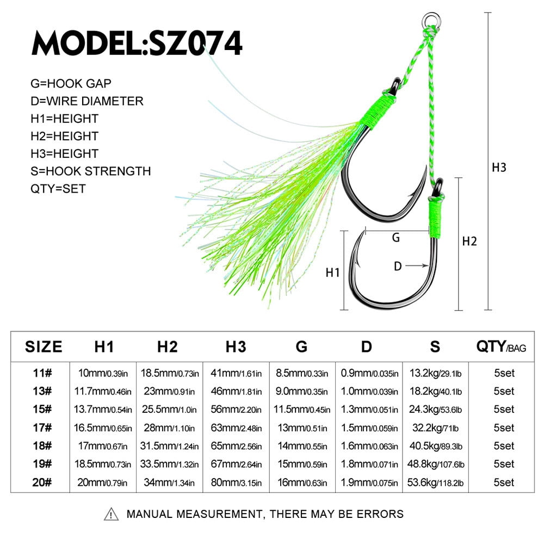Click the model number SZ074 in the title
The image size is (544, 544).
(195, 43)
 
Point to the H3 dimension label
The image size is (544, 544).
(499, 167)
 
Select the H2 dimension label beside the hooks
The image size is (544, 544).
(469, 241)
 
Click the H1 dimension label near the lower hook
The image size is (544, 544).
(333, 273)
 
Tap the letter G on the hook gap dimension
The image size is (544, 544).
(395, 238)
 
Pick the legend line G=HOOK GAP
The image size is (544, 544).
(71, 84)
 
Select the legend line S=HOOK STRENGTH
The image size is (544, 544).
(90, 171)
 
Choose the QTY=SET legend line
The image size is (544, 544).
(58, 189)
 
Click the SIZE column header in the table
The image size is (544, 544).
(44, 347)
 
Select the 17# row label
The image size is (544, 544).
(42, 428)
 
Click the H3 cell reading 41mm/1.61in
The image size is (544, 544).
(236, 373)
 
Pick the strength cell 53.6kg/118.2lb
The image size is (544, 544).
(435, 482)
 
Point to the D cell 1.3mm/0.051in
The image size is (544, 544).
(369, 410)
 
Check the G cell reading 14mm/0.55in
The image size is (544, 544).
(302, 446)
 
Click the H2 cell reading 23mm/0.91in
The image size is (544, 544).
(169, 391)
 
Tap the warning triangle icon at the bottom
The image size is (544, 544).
(111, 514)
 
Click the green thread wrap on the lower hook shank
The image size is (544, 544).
(435, 218)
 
